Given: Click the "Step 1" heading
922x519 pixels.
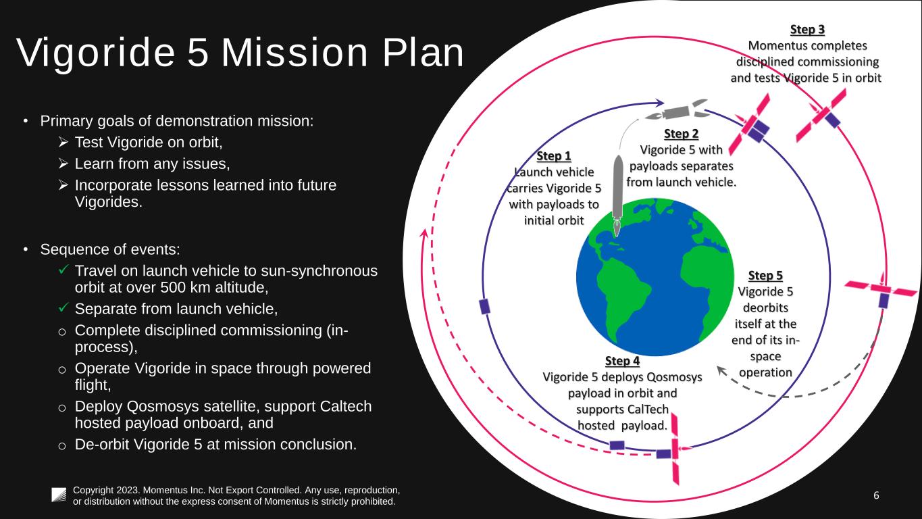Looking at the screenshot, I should point(554,157).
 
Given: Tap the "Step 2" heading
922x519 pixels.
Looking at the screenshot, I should point(681,134).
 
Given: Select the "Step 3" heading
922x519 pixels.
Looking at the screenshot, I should point(807,30).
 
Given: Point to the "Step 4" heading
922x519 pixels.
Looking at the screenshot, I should point(622,360).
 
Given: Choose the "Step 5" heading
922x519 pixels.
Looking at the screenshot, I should point(765,276).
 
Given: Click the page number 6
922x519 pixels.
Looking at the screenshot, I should point(876,495).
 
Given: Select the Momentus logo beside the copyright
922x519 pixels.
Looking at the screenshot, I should point(59,495).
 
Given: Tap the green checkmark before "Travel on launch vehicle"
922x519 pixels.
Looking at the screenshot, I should point(63,270).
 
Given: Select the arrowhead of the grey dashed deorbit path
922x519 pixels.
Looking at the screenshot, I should point(721,370).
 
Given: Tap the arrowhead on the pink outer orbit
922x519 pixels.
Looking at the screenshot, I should point(424,234).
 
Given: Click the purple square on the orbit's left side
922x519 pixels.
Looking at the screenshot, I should point(484,306).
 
